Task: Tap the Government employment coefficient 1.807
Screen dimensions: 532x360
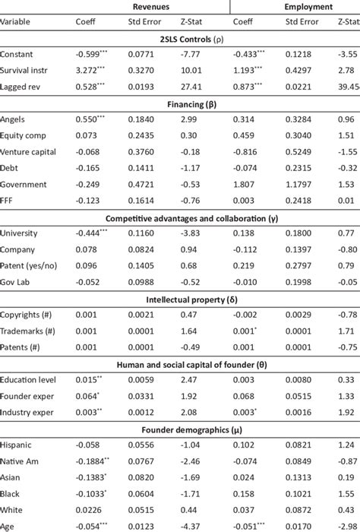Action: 243,184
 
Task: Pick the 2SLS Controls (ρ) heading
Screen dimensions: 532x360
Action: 180,39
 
